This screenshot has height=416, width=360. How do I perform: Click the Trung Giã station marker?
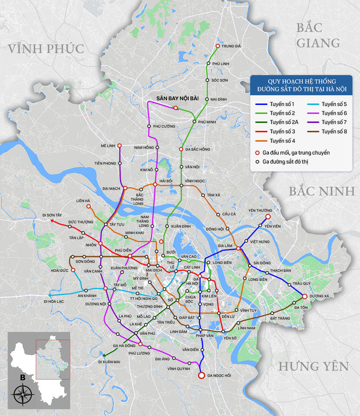pos(218,46)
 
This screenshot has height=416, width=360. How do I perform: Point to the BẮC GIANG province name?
pos(318,36)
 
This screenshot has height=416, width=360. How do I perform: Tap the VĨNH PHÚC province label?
pos(46,49)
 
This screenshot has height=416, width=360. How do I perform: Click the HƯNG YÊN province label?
pos(313,366)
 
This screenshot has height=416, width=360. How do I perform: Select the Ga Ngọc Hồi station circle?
pos(201,375)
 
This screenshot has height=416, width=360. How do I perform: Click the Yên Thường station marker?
pos(268,216)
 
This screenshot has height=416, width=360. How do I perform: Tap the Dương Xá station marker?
pos(304,296)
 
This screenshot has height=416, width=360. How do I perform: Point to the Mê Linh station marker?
pos(119,146)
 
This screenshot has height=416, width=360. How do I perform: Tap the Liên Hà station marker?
pos(88,207)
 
